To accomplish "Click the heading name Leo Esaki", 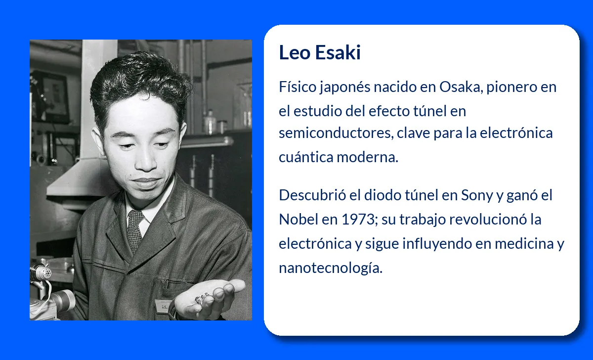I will coord(320,52).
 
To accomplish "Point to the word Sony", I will coord(477,195).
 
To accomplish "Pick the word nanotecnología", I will coord(330,268).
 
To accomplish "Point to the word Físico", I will coord(297,87).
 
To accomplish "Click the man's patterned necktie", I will coord(134,230).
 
